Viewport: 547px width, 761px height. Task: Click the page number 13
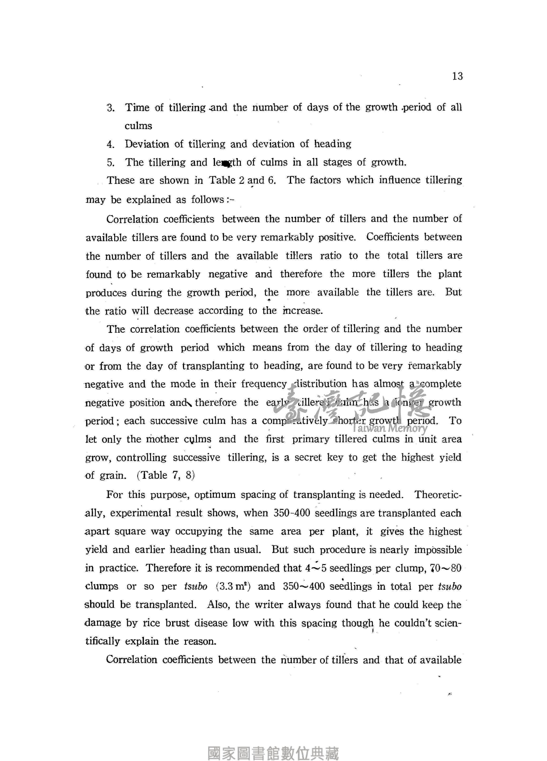pos(457,76)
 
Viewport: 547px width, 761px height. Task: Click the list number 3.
pos(111,108)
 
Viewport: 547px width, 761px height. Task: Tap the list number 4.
pos(111,145)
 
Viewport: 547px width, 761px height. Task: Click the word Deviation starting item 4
pos(147,144)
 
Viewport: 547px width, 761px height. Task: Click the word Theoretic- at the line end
pos(438,495)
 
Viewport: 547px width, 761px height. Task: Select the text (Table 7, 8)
pos(166,475)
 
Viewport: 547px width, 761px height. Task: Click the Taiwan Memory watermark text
pos(390,428)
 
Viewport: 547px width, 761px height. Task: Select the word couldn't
pos(413,623)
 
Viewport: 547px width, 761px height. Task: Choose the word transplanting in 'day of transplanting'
pos(213,366)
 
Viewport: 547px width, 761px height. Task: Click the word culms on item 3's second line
pos(138,126)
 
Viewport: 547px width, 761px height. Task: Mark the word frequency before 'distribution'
pos(264,384)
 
